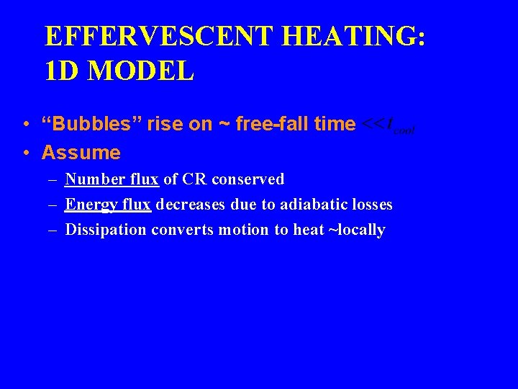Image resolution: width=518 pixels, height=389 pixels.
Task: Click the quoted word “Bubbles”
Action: (91, 125)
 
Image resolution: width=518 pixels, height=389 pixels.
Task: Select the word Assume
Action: (81, 153)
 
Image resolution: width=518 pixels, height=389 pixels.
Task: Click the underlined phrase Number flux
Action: (112, 179)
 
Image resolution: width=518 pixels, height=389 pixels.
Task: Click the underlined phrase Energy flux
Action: (108, 205)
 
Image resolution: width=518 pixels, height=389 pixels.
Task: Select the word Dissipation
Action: (106, 230)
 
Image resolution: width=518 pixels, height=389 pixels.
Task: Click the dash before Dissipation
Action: (54, 230)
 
